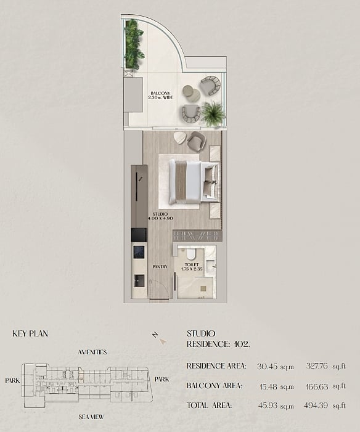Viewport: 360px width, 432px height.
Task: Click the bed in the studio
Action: (194, 182)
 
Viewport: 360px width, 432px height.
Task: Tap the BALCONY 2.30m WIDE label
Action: (160, 96)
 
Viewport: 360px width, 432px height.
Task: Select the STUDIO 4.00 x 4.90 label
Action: (160, 216)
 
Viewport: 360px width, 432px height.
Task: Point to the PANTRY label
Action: (160, 267)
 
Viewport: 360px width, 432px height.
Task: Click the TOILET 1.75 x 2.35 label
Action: (192, 267)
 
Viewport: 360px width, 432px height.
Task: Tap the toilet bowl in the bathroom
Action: (190, 254)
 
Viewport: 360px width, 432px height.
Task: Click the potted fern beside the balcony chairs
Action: (212, 113)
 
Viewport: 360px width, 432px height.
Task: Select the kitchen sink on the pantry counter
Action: (139, 281)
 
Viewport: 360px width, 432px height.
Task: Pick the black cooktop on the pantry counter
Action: (139, 252)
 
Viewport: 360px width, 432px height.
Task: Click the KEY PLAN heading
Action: (30, 333)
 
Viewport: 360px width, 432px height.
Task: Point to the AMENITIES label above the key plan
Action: (92, 352)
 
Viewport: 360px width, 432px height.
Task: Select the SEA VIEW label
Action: (91, 417)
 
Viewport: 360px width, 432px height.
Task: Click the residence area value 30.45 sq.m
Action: (276, 367)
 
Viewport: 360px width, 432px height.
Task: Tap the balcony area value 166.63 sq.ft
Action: (325, 386)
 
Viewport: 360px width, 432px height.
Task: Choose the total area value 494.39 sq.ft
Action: (324, 406)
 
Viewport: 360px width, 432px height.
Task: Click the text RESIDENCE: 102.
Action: (218, 344)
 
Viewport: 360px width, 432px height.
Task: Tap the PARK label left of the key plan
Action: (12, 380)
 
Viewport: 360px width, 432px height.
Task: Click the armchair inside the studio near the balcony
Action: (196, 141)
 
